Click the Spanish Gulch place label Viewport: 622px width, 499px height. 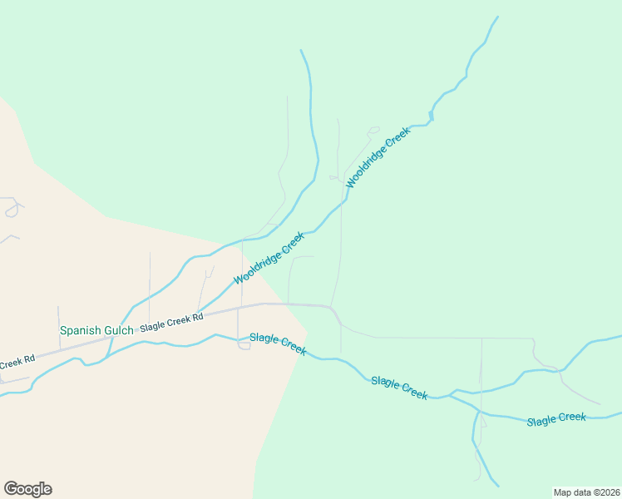click(x=96, y=330)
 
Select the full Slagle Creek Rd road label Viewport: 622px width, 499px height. click(x=171, y=323)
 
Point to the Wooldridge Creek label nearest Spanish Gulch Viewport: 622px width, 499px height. click(x=269, y=258)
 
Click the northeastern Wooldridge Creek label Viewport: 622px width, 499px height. click(x=378, y=157)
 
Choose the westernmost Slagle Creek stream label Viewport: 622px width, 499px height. click(x=278, y=343)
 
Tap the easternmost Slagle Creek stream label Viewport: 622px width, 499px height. click(x=556, y=419)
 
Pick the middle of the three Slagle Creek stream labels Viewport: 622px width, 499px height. click(x=399, y=388)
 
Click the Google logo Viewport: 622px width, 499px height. click(x=27, y=489)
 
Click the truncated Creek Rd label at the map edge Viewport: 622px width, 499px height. click(x=17, y=362)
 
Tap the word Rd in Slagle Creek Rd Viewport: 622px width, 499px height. click(x=197, y=317)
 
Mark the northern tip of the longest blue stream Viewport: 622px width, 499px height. click(x=498, y=17)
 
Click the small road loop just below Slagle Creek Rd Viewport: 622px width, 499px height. click(x=244, y=346)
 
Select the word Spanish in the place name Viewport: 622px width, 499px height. click(x=78, y=330)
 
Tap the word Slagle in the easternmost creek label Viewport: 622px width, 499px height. click(x=541, y=421)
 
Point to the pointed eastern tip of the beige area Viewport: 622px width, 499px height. click(x=308, y=333)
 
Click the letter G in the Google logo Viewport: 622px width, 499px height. click(x=11, y=489)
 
